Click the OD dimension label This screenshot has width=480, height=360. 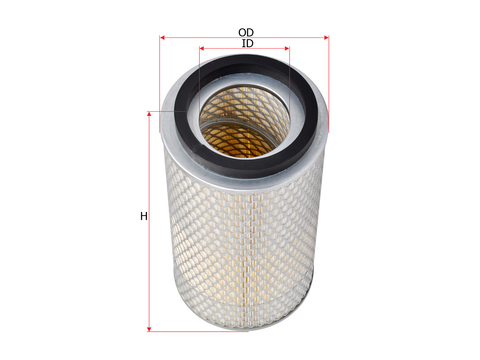(x=246, y=32)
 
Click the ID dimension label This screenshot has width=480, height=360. (x=248, y=44)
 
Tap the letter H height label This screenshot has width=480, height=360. (x=144, y=216)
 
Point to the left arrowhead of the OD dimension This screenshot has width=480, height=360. (x=162, y=38)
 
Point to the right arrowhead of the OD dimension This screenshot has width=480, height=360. (x=326, y=38)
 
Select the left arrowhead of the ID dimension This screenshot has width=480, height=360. (x=202, y=48)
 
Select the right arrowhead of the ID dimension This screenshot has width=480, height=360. (x=287, y=48)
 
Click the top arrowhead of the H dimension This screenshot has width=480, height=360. (x=149, y=114)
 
